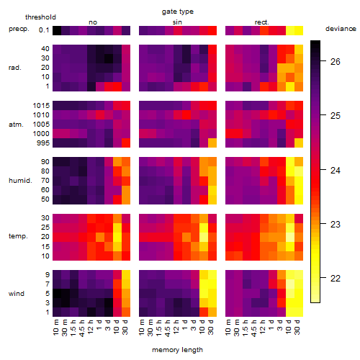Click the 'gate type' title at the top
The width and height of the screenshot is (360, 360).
pos(178,12)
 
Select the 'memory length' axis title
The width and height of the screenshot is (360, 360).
pos(177,350)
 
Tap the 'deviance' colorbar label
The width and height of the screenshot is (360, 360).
pos(341,29)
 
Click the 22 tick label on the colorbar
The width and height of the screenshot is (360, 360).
pos(336,279)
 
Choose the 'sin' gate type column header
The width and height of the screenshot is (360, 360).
pos(177,22)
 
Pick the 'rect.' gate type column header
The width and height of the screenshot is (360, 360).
pos(261,22)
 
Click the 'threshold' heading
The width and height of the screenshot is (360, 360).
pos(40,17)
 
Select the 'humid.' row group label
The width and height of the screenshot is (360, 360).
pos(20,181)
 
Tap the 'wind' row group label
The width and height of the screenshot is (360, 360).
pos(17,294)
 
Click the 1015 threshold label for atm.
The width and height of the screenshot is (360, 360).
pos(41,106)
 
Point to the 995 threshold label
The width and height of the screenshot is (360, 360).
pos(43,143)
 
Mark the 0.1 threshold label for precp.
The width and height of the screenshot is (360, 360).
pos(44,30)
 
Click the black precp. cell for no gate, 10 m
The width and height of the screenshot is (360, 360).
pos(57,30)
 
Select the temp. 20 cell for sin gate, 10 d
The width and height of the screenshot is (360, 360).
pos(204,238)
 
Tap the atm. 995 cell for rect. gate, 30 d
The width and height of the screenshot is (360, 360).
pos(299,143)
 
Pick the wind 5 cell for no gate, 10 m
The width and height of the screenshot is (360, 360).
pos(57,293)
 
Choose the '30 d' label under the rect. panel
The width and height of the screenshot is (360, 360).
pos(297,327)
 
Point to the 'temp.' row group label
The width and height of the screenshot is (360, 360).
pos(18,236)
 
